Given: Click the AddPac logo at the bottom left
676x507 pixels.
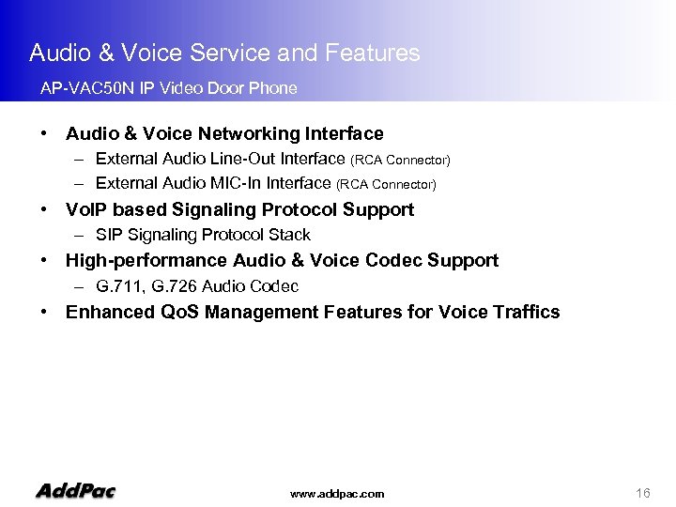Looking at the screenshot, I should coord(75,490).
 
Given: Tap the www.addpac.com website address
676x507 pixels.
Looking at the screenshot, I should coord(337,494).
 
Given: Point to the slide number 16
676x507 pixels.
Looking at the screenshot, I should coord(643,493).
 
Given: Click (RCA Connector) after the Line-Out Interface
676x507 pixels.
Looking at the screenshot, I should coord(400,161).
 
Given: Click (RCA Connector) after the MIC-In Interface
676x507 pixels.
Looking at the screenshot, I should coord(386,185).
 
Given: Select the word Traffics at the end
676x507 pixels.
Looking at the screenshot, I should coord(523,312).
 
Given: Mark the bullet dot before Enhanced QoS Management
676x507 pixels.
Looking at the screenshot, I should coord(44,312).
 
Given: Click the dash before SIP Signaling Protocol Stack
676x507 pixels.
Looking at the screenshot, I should coord(83,235).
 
